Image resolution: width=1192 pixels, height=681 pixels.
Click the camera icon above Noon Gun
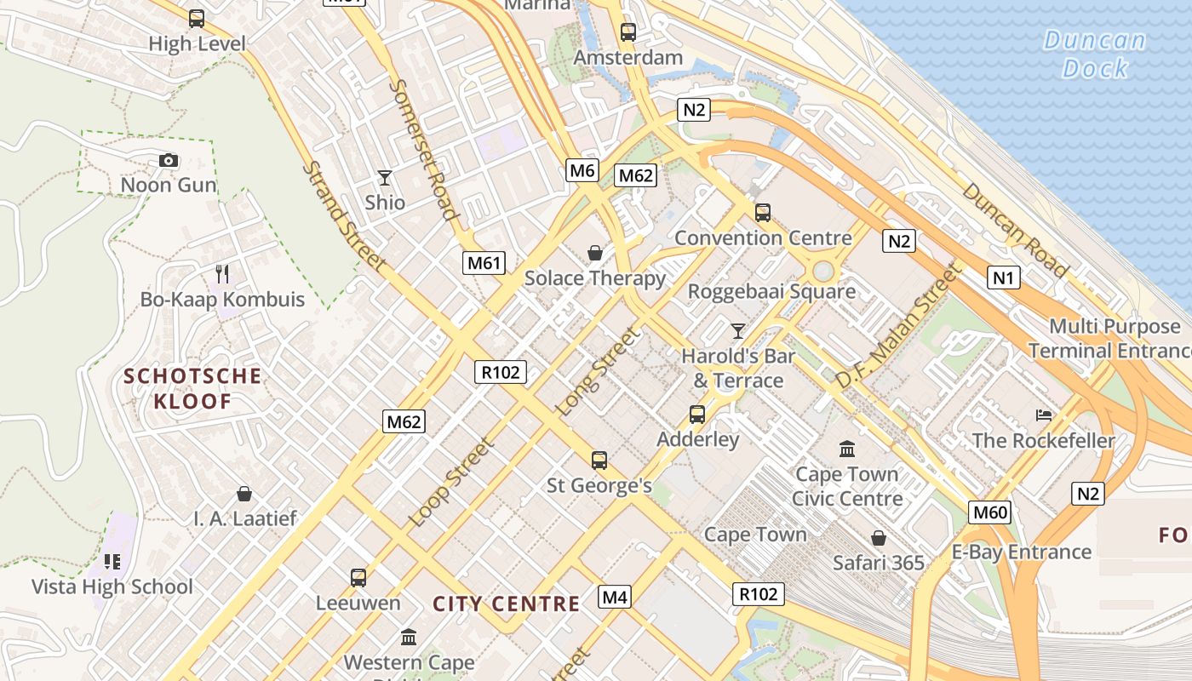[x=169, y=160]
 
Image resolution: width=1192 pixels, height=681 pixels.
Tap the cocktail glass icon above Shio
[x=385, y=178]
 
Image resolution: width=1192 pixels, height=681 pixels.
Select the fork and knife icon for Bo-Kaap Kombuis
[x=222, y=273]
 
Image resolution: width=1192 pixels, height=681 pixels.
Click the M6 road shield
[x=582, y=170]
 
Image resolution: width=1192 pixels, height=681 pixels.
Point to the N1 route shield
[x=1004, y=278]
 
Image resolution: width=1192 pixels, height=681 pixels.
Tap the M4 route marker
[x=615, y=598]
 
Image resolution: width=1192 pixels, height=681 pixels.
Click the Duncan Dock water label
[x=1095, y=54]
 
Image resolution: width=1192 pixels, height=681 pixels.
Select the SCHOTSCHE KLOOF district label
[x=192, y=388]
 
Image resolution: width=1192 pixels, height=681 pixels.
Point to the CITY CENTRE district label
[x=507, y=604]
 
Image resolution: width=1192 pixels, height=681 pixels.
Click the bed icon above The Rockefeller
[x=1044, y=415]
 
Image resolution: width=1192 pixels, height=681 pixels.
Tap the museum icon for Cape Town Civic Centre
[x=847, y=449]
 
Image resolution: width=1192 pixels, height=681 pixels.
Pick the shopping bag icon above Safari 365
[x=879, y=538]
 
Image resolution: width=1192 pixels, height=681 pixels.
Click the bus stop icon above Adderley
[x=697, y=415]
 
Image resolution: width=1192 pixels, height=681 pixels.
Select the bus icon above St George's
[x=599, y=461]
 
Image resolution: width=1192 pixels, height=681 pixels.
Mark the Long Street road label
[x=598, y=371]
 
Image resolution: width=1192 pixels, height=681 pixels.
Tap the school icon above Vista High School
[x=112, y=562]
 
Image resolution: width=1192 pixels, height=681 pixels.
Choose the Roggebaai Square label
[x=771, y=291]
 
